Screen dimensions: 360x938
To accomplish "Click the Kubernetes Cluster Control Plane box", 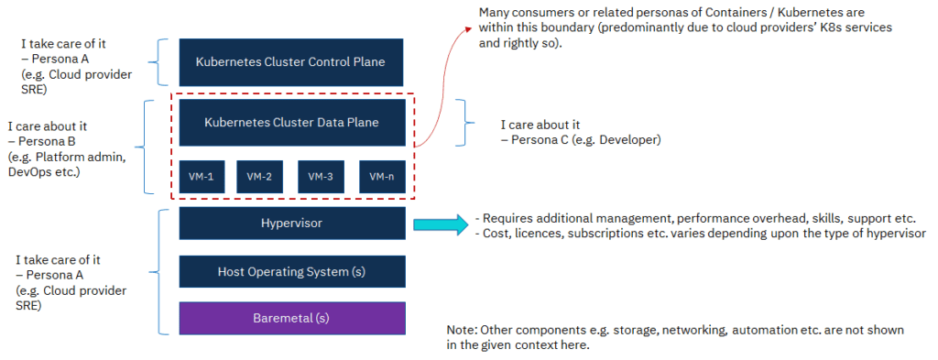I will [290, 62].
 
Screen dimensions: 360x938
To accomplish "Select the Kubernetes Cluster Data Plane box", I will [290, 123].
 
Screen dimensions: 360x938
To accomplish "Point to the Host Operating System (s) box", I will [290, 271].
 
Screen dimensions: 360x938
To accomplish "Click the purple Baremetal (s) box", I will [290, 318].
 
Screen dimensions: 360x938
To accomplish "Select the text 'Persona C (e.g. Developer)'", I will [580, 140].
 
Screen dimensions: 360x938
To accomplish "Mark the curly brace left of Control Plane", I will [162, 61].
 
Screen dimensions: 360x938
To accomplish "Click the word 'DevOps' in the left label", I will [30, 171].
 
